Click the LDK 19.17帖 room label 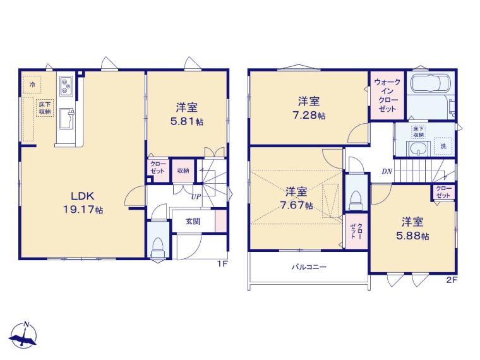[83, 203]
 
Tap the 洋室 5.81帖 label [186, 114]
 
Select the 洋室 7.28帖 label [309, 109]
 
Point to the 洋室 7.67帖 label [296, 198]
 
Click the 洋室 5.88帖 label [412, 229]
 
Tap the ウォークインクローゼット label [387, 95]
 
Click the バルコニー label [309, 267]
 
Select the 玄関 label [193, 221]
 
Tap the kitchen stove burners [66, 85]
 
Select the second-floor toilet [356, 200]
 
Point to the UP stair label [196, 196]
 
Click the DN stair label [387, 171]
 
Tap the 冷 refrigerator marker [32, 85]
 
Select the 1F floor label [222, 264]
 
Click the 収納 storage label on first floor [183, 171]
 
